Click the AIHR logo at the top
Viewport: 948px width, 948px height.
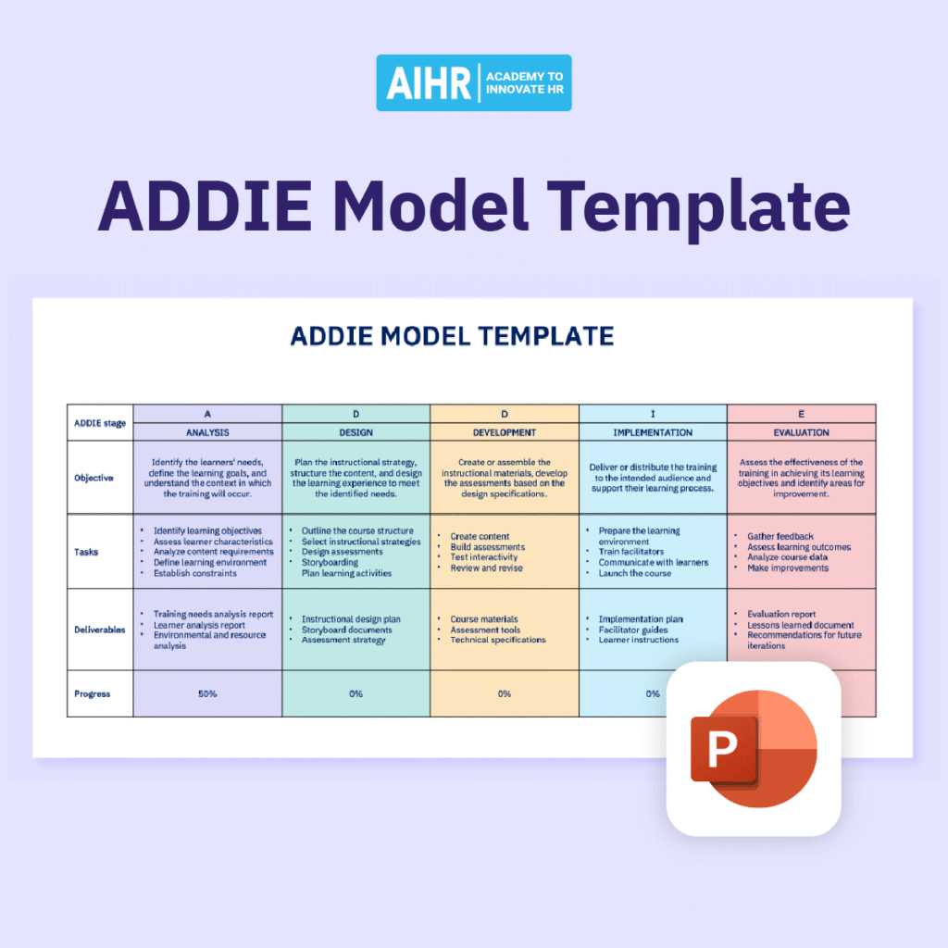[x=473, y=82]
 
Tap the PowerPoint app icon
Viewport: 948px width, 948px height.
[x=753, y=748]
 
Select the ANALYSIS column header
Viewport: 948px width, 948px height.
[x=207, y=432]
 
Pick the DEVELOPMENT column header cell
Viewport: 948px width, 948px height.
[x=504, y=432]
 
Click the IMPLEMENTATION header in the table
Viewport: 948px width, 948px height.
[x=653, y=432]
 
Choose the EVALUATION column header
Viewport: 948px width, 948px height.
[x=801, y=432]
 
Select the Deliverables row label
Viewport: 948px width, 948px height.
[x=100, y=630]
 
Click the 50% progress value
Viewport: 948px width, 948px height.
[x=207, y=693]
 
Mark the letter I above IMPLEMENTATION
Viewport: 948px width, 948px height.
[x=653, y=414]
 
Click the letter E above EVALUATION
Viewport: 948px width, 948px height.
[x=801, y=414]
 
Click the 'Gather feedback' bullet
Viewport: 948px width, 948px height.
[x=780, y=536]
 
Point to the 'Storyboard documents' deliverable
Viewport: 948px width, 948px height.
[x=346, y=630]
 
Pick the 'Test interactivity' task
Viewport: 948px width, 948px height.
[x=484, y=557]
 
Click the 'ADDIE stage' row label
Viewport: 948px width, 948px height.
[x=100, y=423]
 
